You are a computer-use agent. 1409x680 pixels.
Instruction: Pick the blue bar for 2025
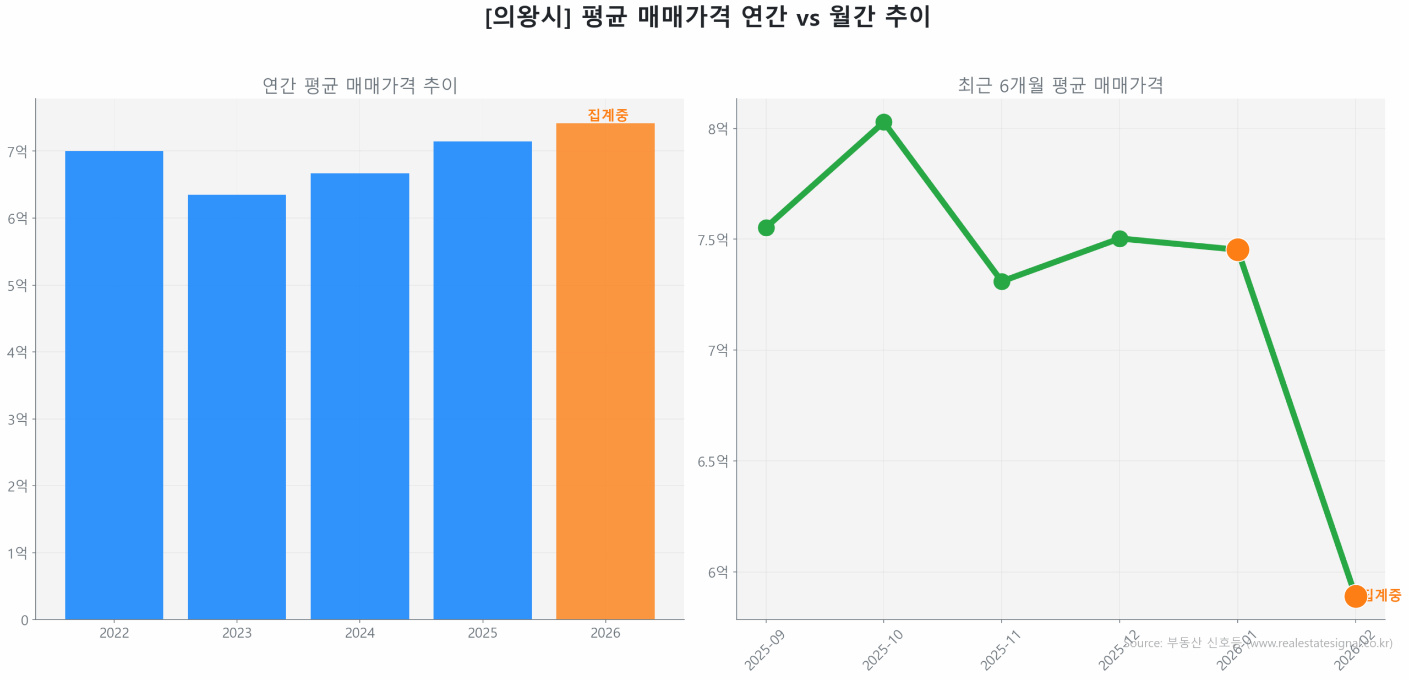pos(482,380)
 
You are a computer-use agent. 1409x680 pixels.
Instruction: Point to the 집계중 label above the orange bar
pos(608,115)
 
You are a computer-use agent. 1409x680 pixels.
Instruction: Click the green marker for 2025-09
pos(766,227)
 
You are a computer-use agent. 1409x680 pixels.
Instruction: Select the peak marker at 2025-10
pos(883,122)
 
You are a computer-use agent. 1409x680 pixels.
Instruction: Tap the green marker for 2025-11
pos(1001,281)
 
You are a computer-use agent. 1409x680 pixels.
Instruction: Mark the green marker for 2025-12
pos(1119,238)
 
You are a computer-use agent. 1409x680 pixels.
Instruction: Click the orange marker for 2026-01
pos(1237,249)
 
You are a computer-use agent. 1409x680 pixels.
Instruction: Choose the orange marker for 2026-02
pos(1355,596)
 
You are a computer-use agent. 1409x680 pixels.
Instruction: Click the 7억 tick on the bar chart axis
pos(17,151)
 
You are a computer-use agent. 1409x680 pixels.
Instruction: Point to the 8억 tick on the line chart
pos(718,129)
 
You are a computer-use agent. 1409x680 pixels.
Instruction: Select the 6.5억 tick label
pos(713,461)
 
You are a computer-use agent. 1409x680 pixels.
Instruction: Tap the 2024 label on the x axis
pos(359,633)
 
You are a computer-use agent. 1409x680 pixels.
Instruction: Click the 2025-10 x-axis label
pos(882,650)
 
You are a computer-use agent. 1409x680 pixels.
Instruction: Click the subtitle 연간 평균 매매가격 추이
pos(359,85)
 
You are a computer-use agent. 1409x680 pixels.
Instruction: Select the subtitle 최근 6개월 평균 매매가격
pos(1060,85)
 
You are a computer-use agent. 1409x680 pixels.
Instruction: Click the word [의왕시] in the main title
pos(527,17)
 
